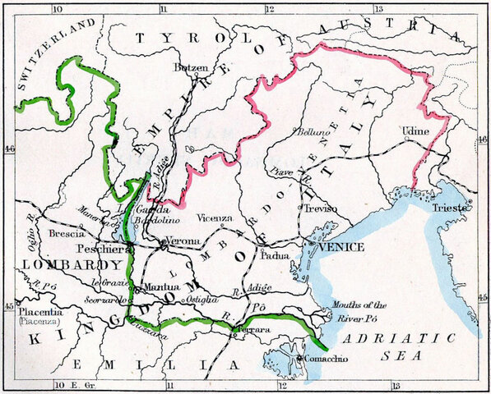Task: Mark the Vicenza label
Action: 215,218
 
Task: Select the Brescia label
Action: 67,233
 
